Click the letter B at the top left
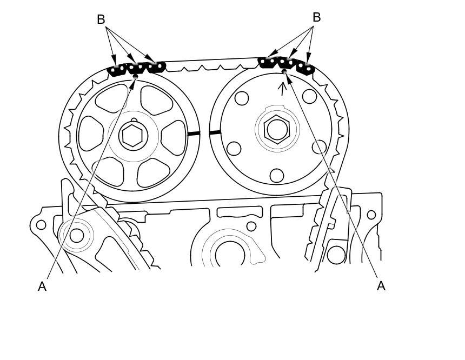[x=101, y=19]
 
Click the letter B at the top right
[x=317, y=17]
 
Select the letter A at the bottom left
[x=42, y=286]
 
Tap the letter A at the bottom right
[x=381, y=286]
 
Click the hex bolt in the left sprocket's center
[x=133, y=136]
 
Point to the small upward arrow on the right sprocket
[x=283, y=89]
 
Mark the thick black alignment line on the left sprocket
[x=194, y=134]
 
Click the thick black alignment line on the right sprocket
[x=215, y=132]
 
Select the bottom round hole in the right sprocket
[x=277, y=175]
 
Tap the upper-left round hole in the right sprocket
[x=241, y=98]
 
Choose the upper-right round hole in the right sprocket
[x=310, y=96]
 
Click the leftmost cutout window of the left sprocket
[x=91, y=133]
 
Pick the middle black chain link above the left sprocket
[x=136, y=69]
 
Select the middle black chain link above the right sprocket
[x=286, y=63]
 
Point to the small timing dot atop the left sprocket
[x=136, y=77]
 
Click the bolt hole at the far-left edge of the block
[x=41, y=225]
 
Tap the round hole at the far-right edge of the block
[x=371, y=215]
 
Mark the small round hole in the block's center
[x=251, y=226]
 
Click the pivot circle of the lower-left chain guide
[x=77, y=236]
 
